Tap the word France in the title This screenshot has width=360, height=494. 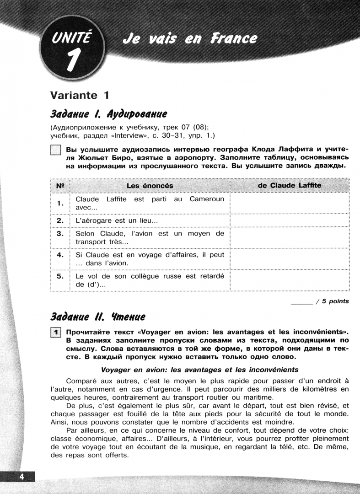(234, 39)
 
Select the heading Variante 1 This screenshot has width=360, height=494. (80, 95)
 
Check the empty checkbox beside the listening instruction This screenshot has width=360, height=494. (55, 150)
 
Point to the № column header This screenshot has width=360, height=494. (59, 185)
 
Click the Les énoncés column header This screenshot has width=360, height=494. (150, 185)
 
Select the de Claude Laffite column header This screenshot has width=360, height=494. (290, 185)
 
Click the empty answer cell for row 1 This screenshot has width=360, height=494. (290, 203)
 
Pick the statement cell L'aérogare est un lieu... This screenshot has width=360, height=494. (117, 220)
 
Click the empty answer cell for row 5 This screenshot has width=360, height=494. (290, 280)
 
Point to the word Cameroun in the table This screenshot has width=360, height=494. (207, 199)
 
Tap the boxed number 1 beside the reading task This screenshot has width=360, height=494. (55, 333)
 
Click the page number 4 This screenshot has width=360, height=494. (21, 477)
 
